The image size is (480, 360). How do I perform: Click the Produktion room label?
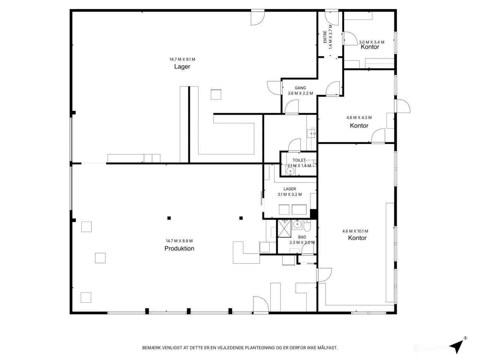pos(179,248)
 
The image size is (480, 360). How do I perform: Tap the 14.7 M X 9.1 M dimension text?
pos(182,59)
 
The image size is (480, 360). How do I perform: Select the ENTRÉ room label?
pos(325,37)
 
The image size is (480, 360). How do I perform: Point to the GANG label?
pos(300,88)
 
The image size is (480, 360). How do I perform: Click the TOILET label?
pos(299,160)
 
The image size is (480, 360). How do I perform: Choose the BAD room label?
pos(302,237)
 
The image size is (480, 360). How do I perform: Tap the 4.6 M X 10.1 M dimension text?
pos(355,231)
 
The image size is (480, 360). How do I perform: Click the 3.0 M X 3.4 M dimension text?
pos(372,42)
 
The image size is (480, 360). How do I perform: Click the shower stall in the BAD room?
pos(284,228)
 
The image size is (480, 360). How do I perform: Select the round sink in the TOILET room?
pos(290,171)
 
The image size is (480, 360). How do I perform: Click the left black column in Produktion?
pos(169,218)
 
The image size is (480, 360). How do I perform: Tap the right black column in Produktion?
pos(241,218)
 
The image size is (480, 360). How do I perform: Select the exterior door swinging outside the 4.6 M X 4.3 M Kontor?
pos(403,106)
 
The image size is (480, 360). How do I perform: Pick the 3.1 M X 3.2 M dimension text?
pos(289,194)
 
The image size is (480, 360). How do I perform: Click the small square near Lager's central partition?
pos(216,94)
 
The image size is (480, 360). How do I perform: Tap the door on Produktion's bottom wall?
pos(261,305)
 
